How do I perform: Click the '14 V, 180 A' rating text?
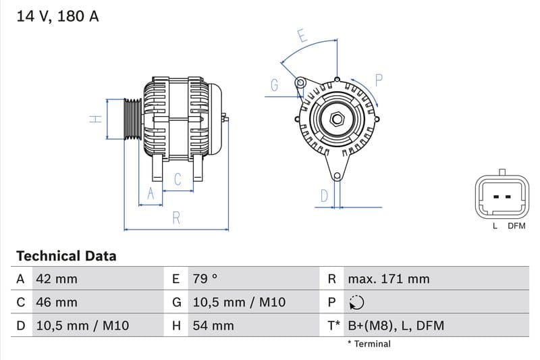coord(57,16)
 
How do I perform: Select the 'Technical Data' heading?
coord(66,256)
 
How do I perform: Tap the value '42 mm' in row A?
coord(57,279)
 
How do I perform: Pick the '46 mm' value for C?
coord(57,303)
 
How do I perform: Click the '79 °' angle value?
coord(205,279)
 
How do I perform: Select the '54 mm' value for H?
coord(213,326)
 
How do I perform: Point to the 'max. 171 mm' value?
coord(388,279)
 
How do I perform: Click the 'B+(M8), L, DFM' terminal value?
coord(396,326)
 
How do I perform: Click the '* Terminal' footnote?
coord(369,344)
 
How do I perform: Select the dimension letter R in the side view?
coord(176,217)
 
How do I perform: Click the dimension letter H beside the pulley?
coord(96,119)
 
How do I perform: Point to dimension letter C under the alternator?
coord(178,180)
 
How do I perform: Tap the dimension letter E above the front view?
coord(302,36)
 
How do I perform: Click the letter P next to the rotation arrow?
coord(379,80)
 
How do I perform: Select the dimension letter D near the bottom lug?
coord(324,196)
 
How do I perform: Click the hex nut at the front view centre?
coord(336,120)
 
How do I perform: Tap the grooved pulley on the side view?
coord(132,120)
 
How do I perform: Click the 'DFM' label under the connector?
coord(516,226)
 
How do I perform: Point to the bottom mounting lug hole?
coord(336,176)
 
